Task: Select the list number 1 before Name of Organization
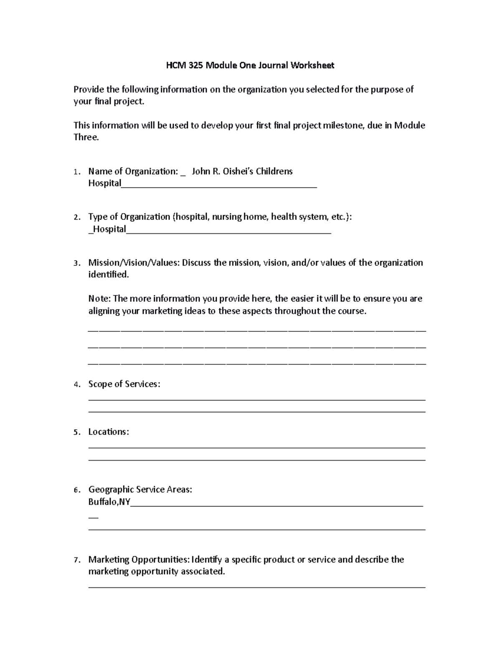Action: pos(75,172)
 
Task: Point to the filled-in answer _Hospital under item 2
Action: pos(107,229)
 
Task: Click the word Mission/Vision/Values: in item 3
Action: pos(134,263)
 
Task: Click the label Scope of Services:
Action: pos(124,384)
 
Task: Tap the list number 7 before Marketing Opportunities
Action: pos(75,560)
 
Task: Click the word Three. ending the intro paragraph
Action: pos(86,138)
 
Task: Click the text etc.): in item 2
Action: pos(341,217)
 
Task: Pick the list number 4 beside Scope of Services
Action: pos(75,385)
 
